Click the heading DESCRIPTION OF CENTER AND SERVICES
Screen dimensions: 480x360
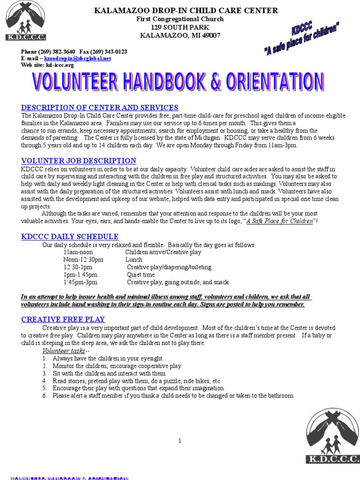(100, 108)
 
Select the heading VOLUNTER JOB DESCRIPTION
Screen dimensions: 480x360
(79, 161)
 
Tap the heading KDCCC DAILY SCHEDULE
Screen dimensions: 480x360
(70, 237)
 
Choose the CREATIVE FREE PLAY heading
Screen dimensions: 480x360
(63, 319)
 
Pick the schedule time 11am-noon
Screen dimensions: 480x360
(78, 252)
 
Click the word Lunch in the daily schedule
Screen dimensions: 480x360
(134, 260)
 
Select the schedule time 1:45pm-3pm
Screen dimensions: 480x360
(81, 282)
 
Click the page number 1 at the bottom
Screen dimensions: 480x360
(180, 441)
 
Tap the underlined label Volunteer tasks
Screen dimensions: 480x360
(64, 351)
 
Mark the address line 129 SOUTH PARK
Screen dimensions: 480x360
(180, 27)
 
